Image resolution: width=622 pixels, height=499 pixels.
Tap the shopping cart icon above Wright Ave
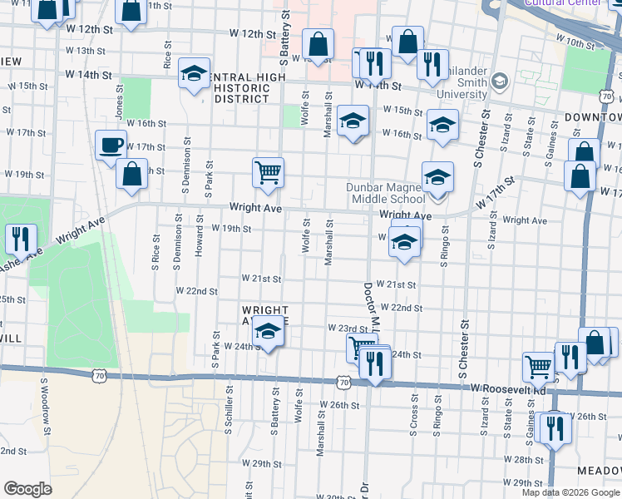pos(268,173)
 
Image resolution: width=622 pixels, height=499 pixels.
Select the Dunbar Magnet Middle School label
pos(387,193)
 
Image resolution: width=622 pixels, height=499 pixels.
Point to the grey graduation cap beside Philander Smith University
pos(499,81)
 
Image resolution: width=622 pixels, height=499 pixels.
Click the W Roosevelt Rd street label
pos(507,389)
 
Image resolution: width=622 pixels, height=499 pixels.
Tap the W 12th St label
pos(253,35)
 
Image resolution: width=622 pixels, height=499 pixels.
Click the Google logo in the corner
pos(27,489)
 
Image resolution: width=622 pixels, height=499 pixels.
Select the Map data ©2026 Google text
pos(570,492)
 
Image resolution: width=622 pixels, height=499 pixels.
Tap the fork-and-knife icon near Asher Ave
pos(19,238)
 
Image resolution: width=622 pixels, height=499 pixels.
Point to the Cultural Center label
pos(563,2)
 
